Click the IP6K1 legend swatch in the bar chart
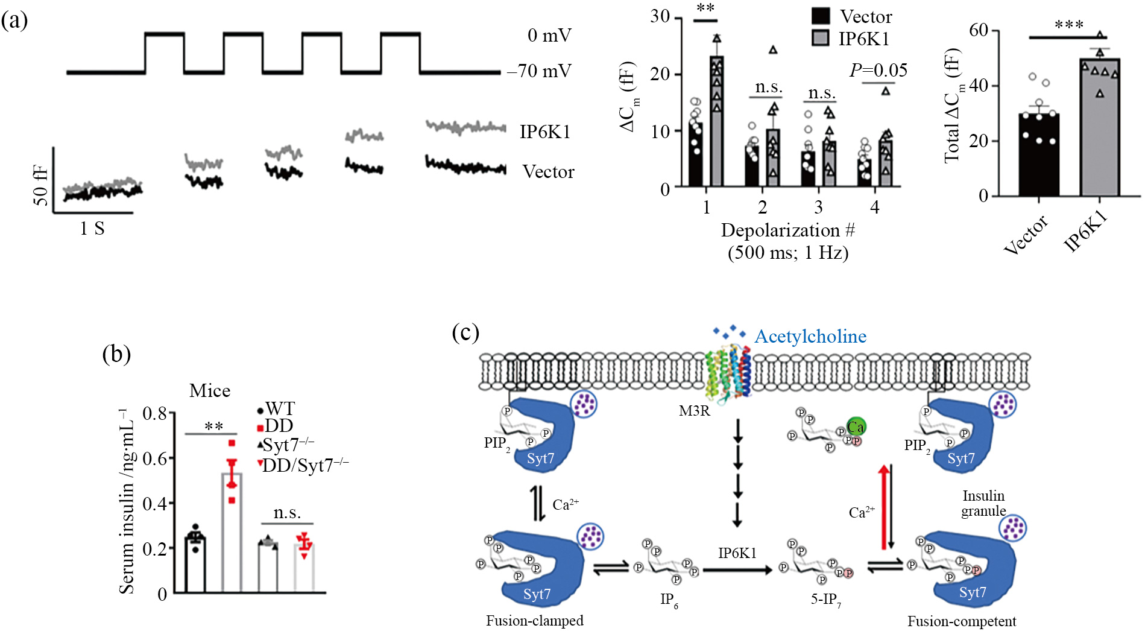[x=821, y=37]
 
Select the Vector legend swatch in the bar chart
[x=821, y=16]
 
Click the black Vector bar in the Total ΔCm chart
[x=1039, y=154]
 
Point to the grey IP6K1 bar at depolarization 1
[x=716, y=121]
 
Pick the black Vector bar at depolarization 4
[x=865, y=173]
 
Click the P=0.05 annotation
[x=878, y=71]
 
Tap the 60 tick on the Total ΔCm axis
[x=979, y=30]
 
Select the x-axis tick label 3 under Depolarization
[x=818, y=208]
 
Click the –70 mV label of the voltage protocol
[x=539, y=71]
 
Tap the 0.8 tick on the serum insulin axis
[x=155, y=414]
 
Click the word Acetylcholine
[x=810, y=336]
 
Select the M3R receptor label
[x=695, y=411]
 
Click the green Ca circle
[x=856, y=426]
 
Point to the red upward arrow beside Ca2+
[x=883, y=507]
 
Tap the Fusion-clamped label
[x=535, y=621]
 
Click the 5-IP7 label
[x=825, y=600]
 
